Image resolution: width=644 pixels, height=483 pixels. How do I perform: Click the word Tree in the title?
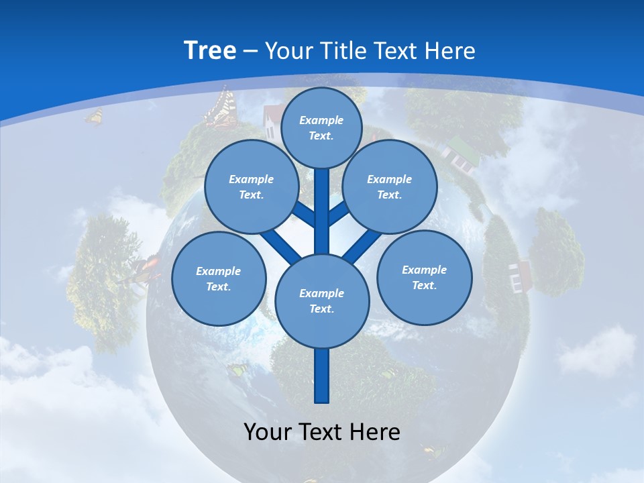coord(210,50)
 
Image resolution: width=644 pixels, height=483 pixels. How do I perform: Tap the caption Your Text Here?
coord(322,432)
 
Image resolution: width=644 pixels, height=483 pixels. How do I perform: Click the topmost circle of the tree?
coord(321,127)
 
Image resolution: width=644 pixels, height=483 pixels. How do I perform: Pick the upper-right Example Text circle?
coord(390,186)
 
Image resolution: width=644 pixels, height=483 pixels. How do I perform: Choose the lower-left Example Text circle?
coord(219,278)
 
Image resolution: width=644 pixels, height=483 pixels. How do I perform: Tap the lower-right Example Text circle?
coord(425,277)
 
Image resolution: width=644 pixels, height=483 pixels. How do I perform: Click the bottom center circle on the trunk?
coord(322,301)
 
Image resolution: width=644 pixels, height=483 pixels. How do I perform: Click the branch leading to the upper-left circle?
coord(304,215)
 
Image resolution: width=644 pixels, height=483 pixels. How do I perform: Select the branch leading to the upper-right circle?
coord(339,213)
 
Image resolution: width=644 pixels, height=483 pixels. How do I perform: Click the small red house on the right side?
coord(520,275)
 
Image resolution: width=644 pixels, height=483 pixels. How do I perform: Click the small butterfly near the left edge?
coord(94,117)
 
